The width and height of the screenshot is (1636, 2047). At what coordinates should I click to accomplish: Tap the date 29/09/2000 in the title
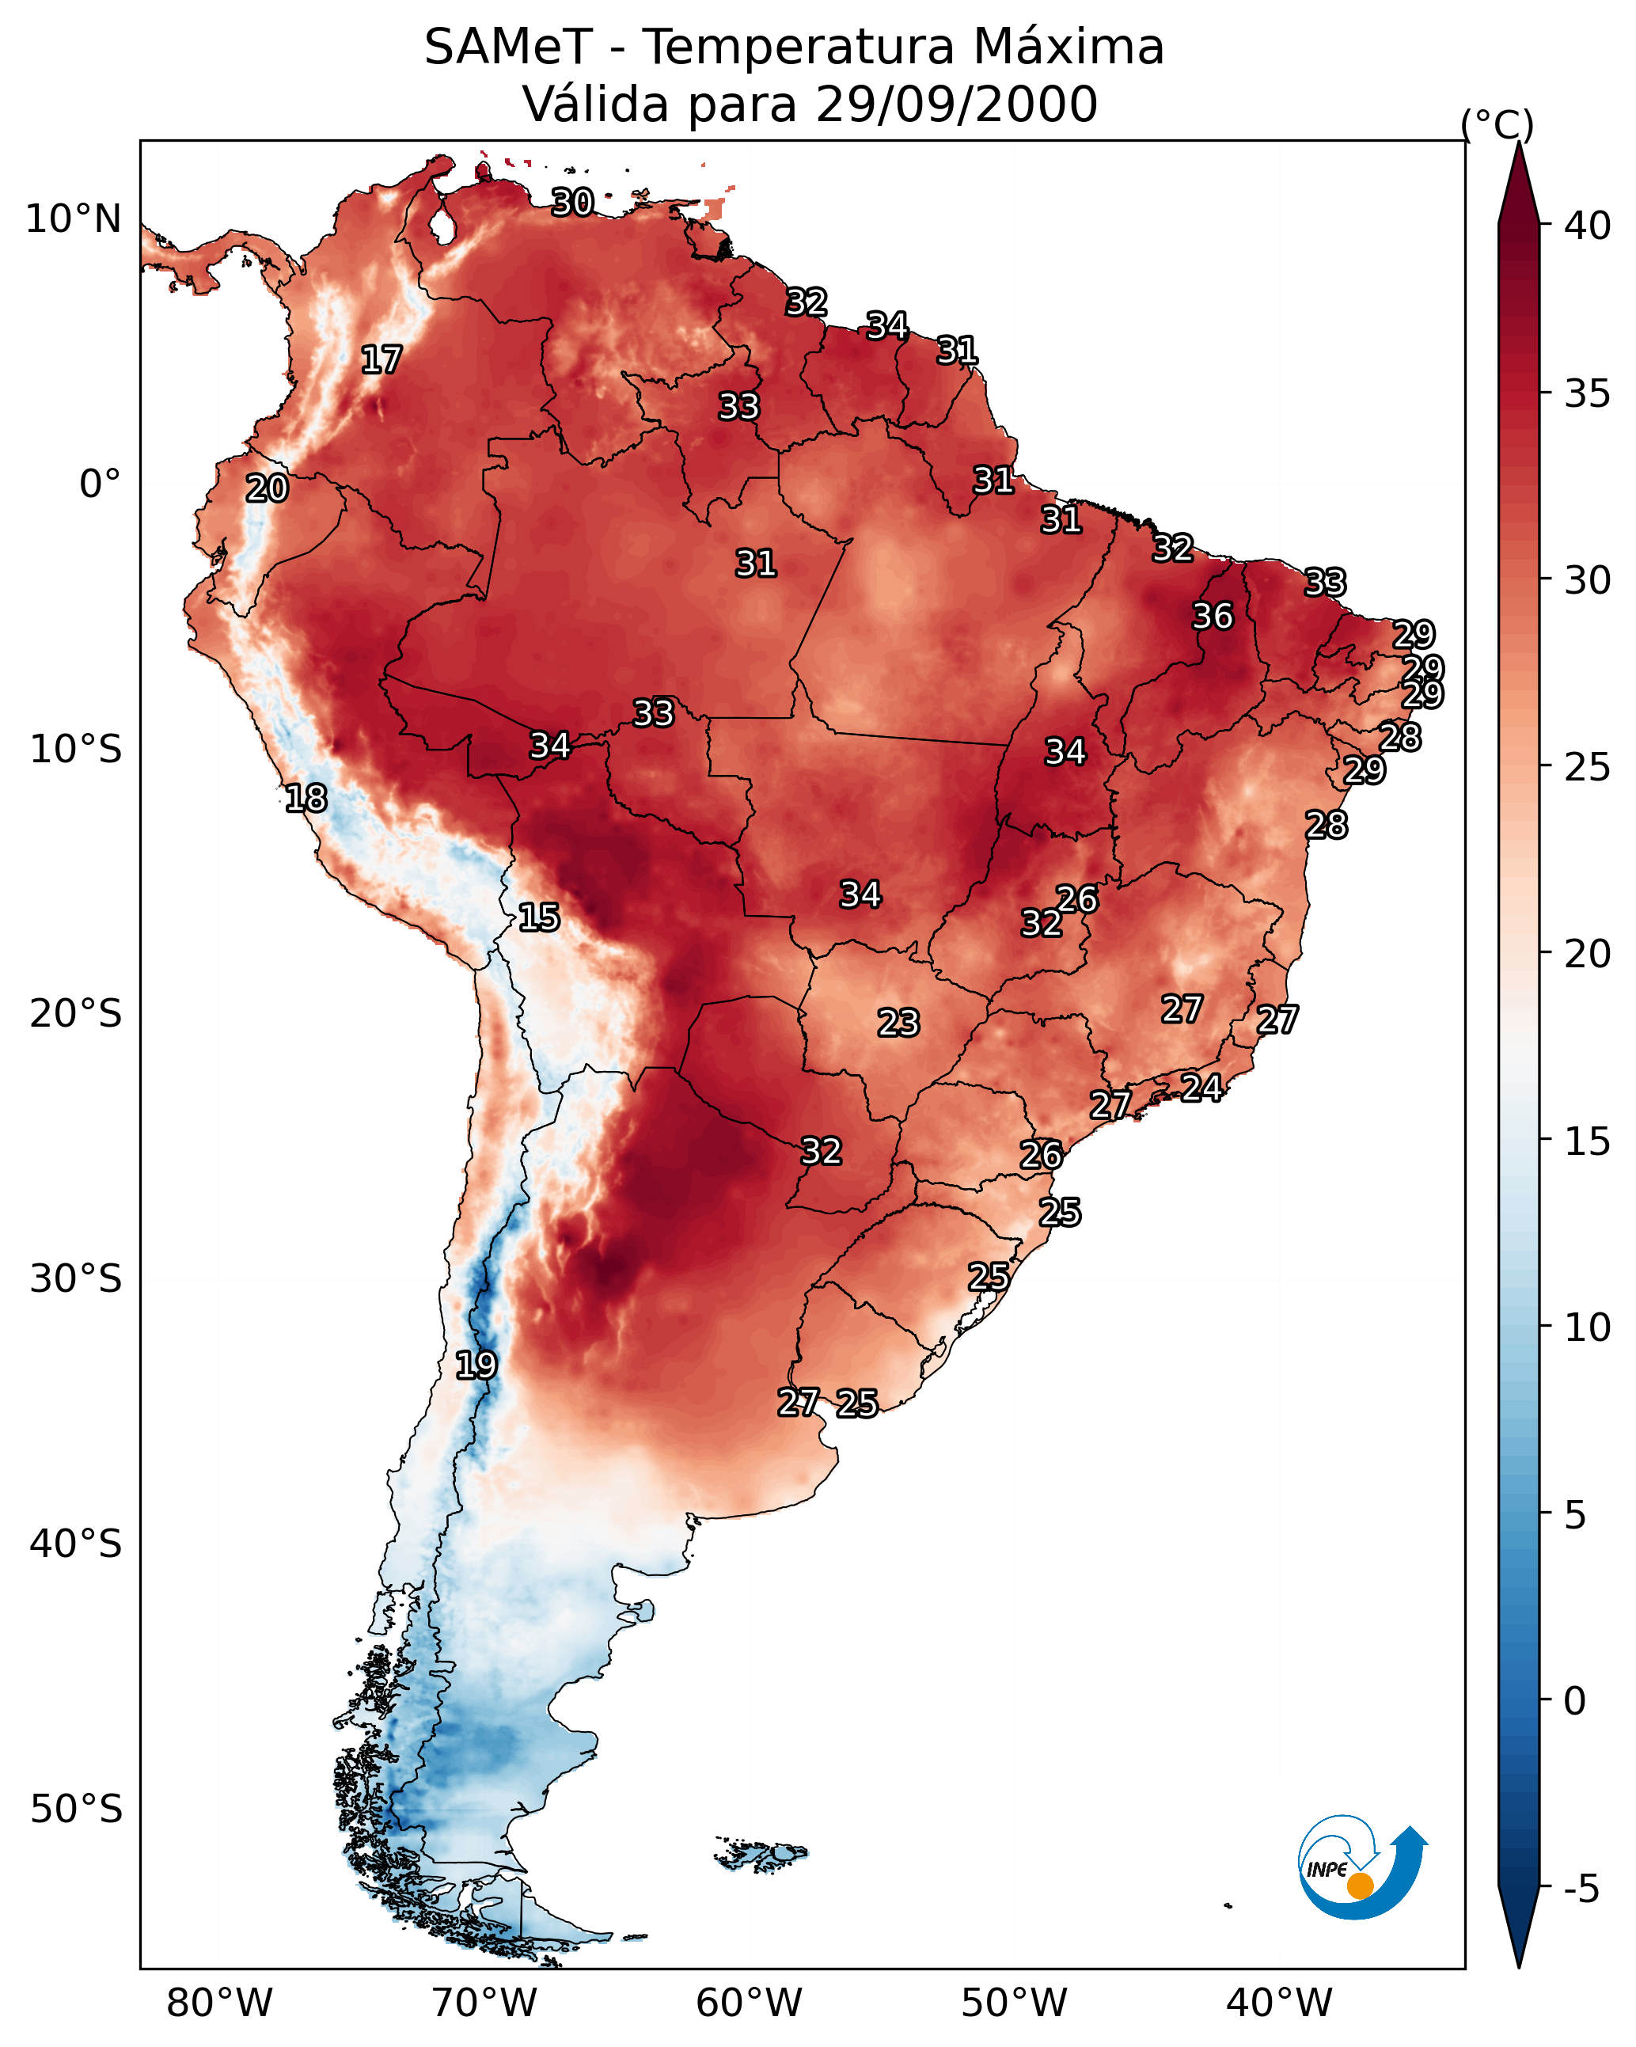point(956,104)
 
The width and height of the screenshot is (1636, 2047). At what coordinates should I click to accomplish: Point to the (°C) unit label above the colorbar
point(1497,124)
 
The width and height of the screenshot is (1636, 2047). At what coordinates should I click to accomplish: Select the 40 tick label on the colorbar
point(1588,226)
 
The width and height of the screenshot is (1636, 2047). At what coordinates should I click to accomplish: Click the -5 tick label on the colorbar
point(1581,1889)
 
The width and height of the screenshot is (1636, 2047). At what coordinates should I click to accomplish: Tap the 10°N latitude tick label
point(73,219)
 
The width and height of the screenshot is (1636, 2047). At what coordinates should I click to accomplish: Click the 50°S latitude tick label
point(76,1810)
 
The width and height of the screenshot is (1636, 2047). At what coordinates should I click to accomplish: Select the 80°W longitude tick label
point(219,2004)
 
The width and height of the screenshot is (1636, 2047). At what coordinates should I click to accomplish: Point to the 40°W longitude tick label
point(1279,2004)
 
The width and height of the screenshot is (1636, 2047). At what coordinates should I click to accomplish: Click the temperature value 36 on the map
point(1213,616)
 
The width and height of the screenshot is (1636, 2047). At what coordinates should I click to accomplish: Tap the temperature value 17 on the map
point(381,360)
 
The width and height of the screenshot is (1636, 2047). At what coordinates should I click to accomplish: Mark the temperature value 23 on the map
point(898,1023)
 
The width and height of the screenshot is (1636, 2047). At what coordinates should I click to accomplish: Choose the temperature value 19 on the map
point(476,1365)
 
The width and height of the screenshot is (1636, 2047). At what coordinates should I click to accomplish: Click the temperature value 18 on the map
point(306,799)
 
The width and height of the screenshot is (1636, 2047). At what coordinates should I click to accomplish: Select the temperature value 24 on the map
point(1201,1087)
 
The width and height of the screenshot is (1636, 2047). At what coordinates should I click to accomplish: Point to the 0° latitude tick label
point(100,484)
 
